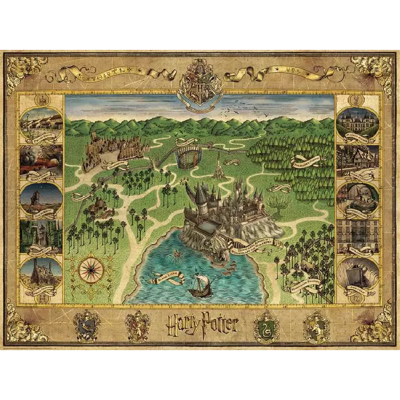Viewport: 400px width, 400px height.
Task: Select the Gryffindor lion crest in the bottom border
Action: [137, 324]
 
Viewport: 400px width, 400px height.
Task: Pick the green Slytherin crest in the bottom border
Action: [266, 325]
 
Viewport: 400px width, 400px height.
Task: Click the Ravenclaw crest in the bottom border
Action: [86, 324]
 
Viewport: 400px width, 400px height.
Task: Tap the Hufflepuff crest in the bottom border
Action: [316, 325]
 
